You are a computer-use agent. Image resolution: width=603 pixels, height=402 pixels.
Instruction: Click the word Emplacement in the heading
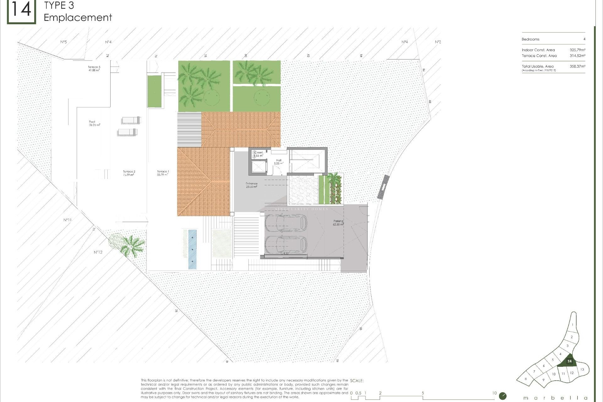78,18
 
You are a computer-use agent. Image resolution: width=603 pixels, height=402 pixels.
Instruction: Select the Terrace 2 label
129,173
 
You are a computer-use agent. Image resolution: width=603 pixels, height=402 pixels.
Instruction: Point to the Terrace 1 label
163,173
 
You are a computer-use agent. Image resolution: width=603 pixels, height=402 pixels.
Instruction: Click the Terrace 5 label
94,68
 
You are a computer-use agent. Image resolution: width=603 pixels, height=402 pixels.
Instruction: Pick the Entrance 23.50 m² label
252,185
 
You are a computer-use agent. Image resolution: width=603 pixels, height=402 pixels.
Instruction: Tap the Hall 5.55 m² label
279,162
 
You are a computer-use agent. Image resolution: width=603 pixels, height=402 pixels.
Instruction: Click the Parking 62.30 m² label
338,223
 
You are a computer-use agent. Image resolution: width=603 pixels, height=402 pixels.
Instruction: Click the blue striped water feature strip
192,249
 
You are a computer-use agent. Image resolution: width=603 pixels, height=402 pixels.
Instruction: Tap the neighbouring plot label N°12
98,252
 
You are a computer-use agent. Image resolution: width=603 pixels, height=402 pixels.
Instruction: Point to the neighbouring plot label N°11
68,220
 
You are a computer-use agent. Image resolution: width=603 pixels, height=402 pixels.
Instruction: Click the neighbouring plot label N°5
63,42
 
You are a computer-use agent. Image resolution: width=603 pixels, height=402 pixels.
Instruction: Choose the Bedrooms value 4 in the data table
584,39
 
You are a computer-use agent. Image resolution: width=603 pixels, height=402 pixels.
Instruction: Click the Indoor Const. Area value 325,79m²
577,50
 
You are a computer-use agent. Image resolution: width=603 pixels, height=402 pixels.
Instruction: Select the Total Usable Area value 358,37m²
577,67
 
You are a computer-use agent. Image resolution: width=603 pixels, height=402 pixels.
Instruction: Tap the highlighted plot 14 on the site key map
569,361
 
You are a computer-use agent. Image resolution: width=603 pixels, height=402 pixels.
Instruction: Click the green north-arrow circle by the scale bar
503,396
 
